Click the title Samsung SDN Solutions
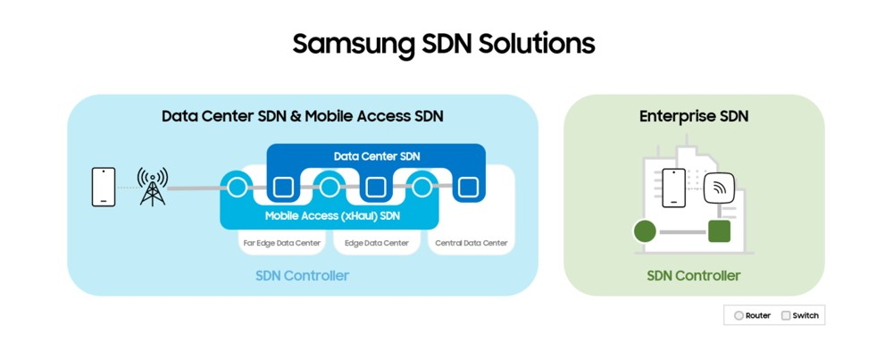point(444,44)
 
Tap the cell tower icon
point(152,187)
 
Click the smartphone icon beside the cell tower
point(104,187)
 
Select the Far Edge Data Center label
point(282,243)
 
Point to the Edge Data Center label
point(377,243)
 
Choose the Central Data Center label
point(471,243)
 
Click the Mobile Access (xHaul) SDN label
point(332,216)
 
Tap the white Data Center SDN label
point(377,156)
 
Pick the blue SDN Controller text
point(302,276)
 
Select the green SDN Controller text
point(694,276)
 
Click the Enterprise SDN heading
point(694,116)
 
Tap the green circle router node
point(645,232)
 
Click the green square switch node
point(719,231)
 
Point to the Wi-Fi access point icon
point(719,188)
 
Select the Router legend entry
point(752,315)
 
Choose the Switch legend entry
point(799,315)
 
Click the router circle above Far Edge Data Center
point(238,187)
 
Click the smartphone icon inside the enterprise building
point(673,188)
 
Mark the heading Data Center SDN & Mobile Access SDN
point(303,116)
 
